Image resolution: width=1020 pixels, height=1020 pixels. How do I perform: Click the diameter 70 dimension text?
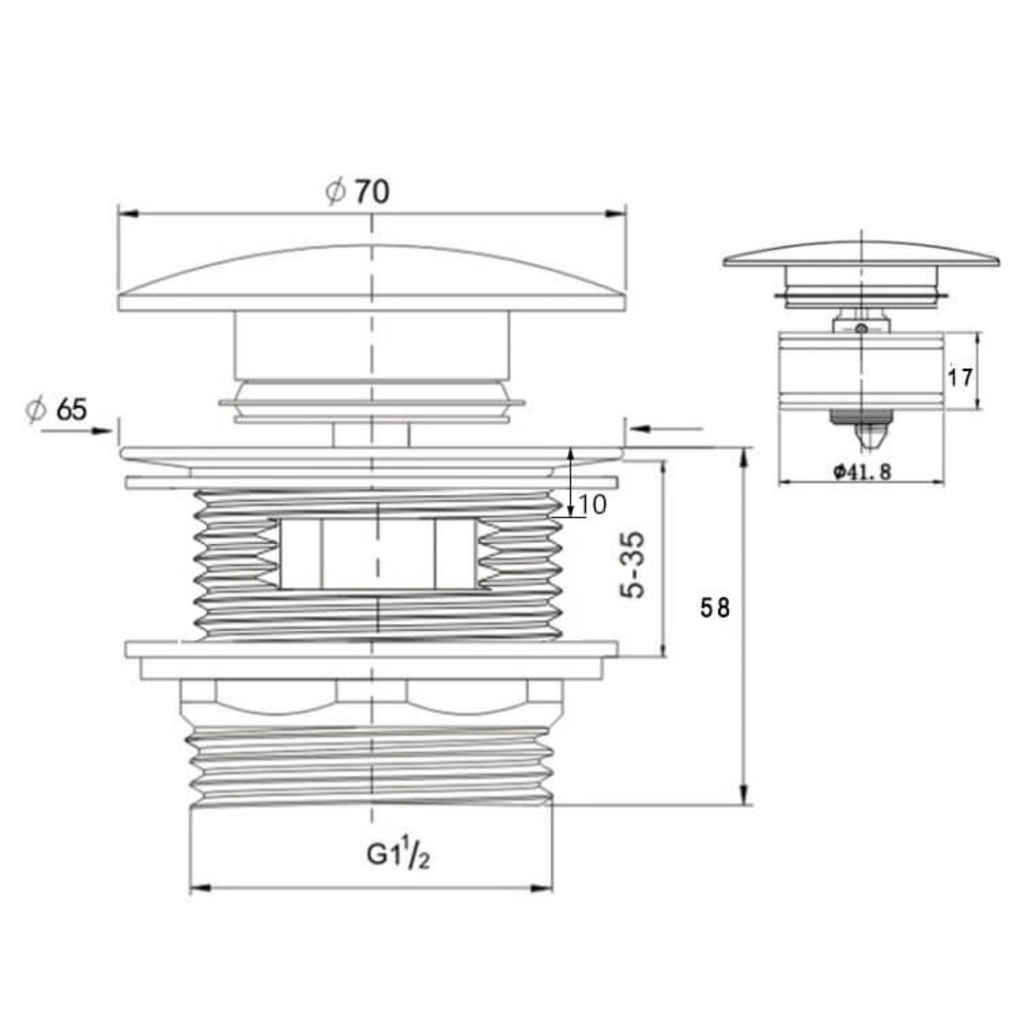(x=358, y=191)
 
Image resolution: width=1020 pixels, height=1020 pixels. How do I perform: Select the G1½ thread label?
(x=398, y=854)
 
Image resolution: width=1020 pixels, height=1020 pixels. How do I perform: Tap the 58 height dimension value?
(x=714, y=608)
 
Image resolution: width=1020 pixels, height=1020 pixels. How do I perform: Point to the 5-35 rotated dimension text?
(x=633, y=565)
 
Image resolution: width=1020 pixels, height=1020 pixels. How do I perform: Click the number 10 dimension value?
(x=593, y=505)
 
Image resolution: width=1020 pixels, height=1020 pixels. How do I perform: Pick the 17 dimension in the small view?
(x=959, y=377)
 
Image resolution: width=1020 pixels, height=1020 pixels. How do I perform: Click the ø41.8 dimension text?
(x=862, y=472)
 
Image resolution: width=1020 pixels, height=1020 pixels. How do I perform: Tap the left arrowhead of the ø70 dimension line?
(x=127, y=214)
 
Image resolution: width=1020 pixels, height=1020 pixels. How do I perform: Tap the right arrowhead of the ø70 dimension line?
(x=616, y=214)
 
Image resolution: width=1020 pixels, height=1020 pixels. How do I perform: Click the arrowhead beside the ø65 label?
(x=102, y=431)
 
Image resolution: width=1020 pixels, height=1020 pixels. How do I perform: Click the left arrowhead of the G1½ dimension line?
(x=200, y=887)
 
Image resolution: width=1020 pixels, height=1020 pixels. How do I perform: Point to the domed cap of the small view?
(x=861, y=253)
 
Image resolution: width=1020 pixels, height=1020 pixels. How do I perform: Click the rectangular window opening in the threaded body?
(x=377, y=553)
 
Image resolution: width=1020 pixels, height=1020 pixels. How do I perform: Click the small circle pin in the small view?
(x=861, y=328)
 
